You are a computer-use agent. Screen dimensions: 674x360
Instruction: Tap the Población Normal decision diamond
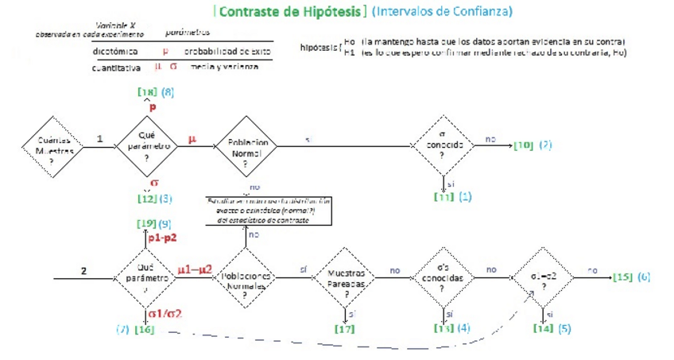pos(245,146)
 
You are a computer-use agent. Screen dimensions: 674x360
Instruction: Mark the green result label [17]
pos(345,328)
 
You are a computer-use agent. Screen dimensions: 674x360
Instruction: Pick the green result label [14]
pos(543,328)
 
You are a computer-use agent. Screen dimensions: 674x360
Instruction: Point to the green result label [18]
pos(147,92)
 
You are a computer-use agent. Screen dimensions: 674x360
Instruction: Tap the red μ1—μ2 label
pos(195,269)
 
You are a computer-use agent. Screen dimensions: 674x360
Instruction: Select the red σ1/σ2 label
pos(165,315)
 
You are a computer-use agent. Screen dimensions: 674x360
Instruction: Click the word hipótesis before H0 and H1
pos(318,46)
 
